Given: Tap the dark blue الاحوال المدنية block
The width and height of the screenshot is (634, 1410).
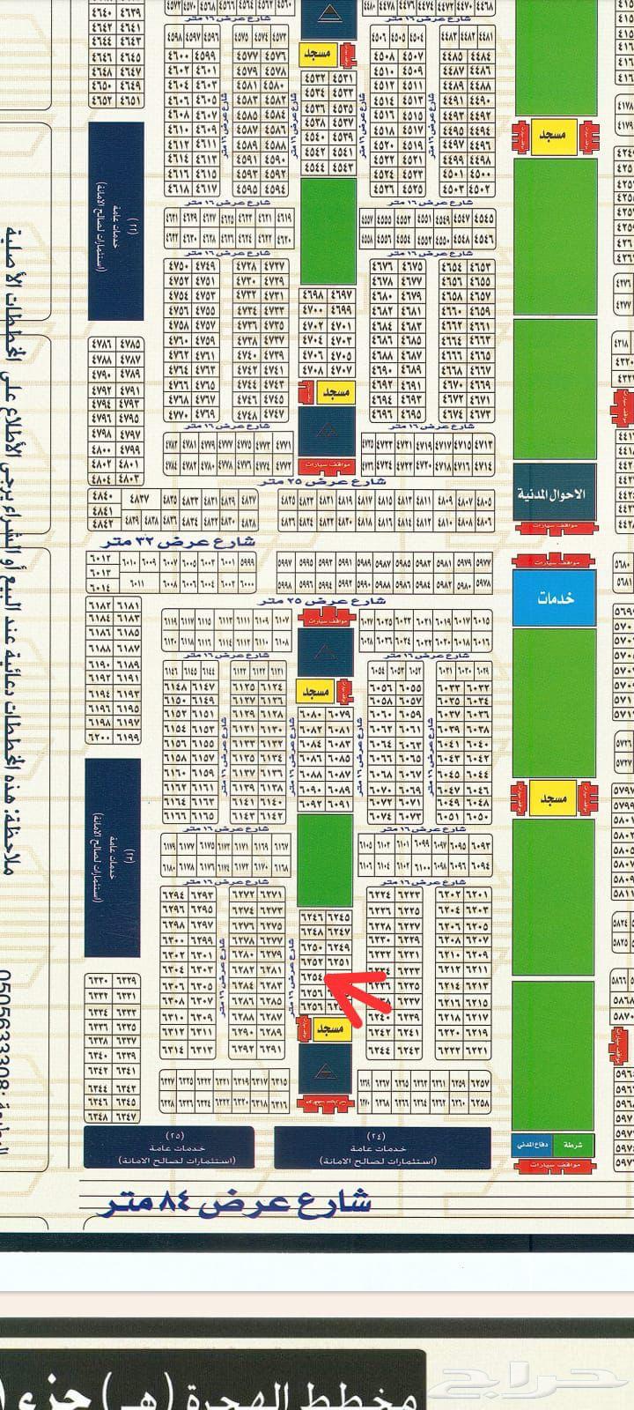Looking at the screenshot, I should [x=554, y=494].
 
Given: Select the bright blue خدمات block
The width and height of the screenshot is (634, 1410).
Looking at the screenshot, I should [x=554, y=597].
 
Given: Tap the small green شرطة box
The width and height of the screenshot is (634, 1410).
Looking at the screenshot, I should [x=578, y=1145].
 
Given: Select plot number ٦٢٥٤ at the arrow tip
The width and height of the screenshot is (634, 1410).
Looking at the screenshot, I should [x=312, y=977].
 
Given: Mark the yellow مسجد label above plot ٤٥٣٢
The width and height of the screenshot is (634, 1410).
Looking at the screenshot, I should [x=316, y=55].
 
